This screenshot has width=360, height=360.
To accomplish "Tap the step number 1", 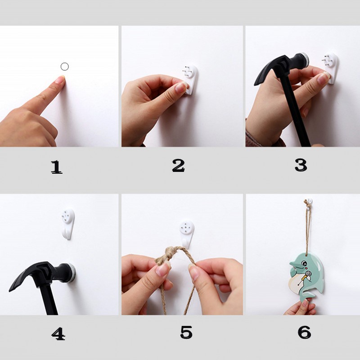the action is tap(57, 167).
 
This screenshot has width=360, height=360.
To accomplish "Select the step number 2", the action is tap(178, 166).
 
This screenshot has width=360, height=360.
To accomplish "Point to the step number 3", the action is tap(301, 165).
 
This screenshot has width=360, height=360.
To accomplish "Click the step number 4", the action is tap(58, 333).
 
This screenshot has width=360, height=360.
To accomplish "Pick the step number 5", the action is tap(186, 332).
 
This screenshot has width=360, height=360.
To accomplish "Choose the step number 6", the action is tap(305, 332).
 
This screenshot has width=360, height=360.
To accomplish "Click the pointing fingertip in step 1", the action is tap(61, 79).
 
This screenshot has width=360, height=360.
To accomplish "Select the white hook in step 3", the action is tap(331, 68).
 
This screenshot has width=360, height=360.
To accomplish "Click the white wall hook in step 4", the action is tap(68, 224).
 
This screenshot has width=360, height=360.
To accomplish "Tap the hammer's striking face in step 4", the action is tap(73, 273).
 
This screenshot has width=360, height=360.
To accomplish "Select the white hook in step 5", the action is tap(187, 234).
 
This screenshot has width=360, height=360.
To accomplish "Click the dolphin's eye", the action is tap(304, 263).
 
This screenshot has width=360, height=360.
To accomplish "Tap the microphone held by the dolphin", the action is tap(306, 275).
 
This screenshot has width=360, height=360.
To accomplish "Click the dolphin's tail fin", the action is tap(308, 296).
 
